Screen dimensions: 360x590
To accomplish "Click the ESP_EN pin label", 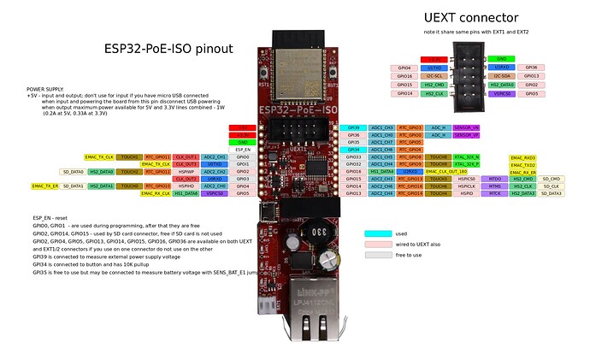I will (x=242, y=150).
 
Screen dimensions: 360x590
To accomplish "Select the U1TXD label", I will (x=434, y=67).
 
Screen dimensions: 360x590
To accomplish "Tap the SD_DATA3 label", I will (x=551, y=194).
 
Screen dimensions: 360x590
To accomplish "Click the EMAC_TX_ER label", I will (x=45, y=186).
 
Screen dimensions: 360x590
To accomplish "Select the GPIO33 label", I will (x=353, y=157).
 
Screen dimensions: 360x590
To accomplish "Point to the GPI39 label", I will (x=353, y=127).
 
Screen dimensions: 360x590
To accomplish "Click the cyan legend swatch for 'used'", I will (x=383, y=233).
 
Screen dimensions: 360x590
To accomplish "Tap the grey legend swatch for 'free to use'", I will (x=383, y=255).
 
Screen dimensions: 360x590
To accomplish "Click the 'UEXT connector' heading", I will (x=470, y=17).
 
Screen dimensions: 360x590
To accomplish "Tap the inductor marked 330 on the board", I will (x=293, y=233).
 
